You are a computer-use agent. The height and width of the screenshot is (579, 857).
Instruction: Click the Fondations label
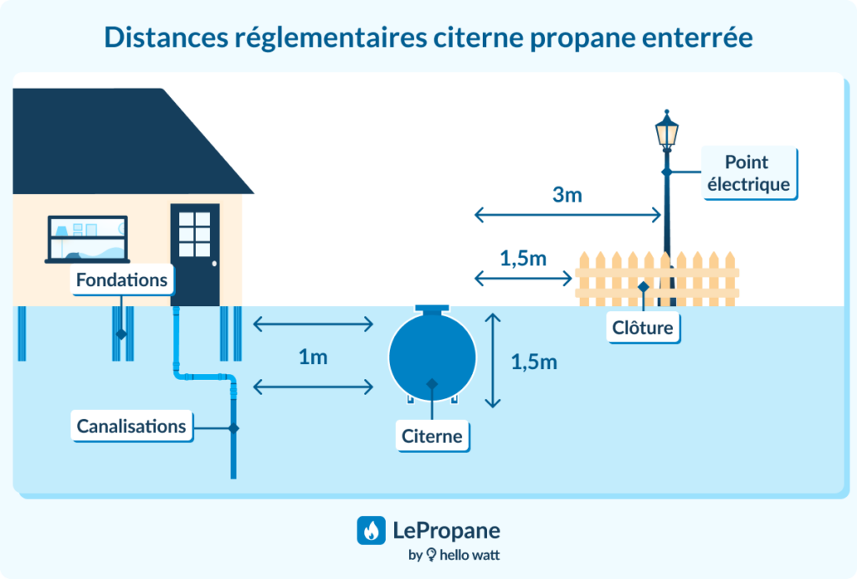pos(122,279)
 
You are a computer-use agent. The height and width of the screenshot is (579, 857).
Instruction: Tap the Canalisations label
pos(131,426)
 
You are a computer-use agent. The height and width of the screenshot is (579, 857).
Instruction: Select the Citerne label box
pos(432,436)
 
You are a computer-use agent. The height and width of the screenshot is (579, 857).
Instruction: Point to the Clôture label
pos(643,327)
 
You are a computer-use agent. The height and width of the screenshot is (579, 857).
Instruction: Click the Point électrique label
pos(747,173)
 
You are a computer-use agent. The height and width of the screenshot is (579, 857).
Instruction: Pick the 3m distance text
pos(567,196)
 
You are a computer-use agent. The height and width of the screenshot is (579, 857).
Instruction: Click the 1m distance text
pos(313,357)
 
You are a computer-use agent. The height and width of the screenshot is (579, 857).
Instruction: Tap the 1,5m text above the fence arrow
pos(523,259)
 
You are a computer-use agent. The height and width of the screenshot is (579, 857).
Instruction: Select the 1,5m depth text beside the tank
pos(534,362)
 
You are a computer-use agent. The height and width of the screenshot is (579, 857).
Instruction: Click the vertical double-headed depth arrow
pos(493,360)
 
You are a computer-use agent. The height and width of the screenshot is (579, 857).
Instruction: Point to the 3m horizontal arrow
pos(568,215)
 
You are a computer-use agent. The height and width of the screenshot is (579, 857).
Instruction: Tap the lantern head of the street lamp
pos(666,131)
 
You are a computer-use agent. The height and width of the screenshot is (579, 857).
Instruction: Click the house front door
pos(195,254)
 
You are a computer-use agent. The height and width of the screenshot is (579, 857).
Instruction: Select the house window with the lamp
pos(87,238)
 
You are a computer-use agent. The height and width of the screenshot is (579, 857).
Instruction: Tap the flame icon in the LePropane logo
pos(371,530)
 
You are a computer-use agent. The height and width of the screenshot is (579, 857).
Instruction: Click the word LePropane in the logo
pos(446,530)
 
